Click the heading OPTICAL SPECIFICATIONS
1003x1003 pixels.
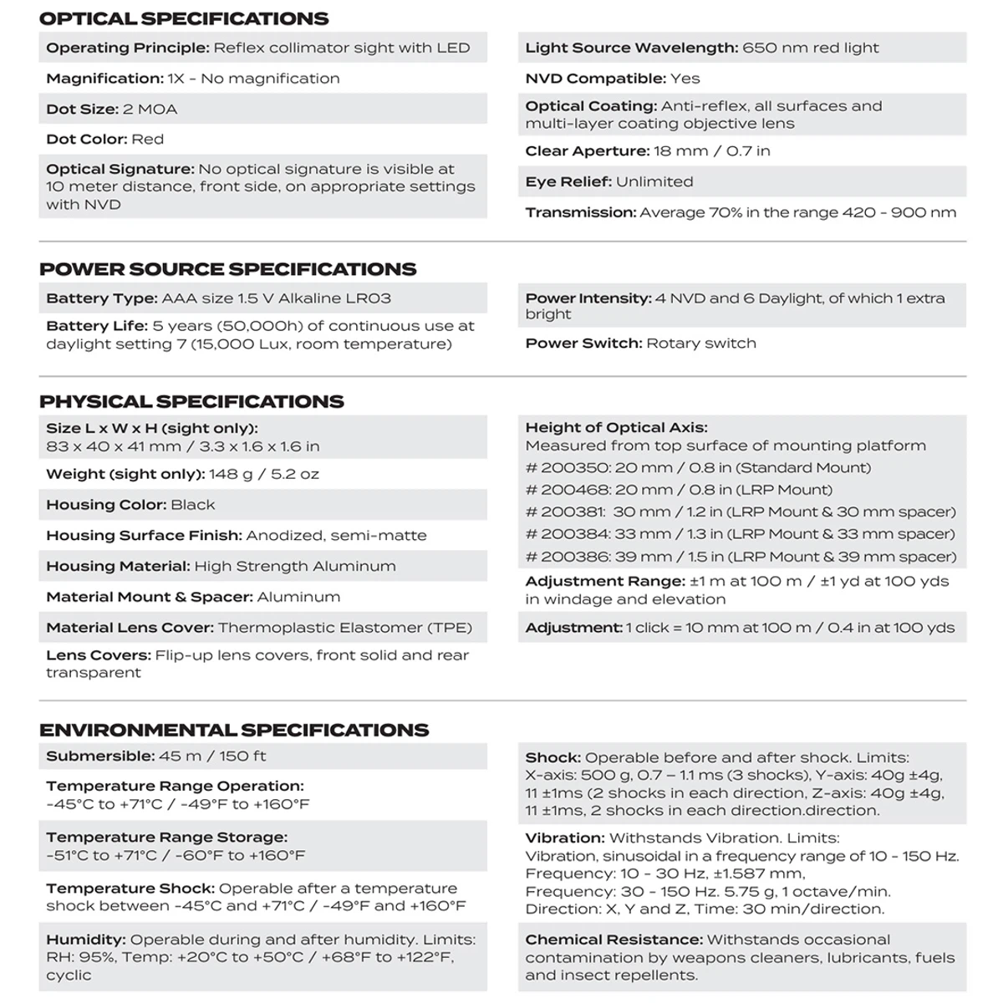(184, 18)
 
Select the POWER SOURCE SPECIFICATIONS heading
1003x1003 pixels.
(227, 269)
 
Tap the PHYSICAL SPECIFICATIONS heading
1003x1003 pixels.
(191, 401)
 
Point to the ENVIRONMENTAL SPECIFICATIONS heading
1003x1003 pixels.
(234, 730)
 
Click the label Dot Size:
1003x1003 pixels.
(82, 109)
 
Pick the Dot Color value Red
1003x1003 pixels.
(148, 140)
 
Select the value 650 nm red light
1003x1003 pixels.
(811, 48)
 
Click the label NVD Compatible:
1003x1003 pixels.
(595, 79)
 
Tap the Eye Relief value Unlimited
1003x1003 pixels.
(654, 182)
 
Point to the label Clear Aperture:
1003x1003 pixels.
(588, 151)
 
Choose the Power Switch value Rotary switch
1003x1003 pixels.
(701, 344)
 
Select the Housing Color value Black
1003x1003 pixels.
(193, 505)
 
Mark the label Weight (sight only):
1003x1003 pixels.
(125, 474)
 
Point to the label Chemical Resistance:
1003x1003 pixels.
(614, 940)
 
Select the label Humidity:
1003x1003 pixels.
(86, 940)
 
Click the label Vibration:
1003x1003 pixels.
(565, 838)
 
